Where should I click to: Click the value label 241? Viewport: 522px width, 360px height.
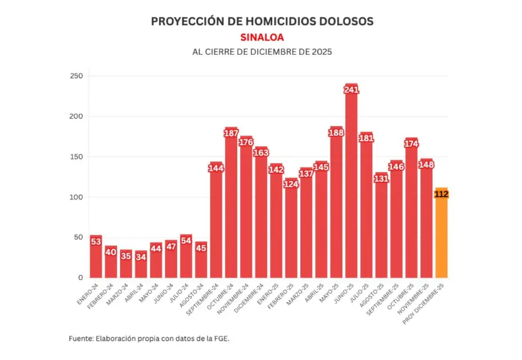click(x=351, y=89)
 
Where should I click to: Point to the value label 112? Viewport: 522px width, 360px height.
click(x=441, y=194)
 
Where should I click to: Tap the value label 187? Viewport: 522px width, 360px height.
click(x=231, y=133)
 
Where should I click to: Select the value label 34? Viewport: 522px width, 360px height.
click(x=141, y=256)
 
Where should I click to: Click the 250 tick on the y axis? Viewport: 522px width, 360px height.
click(x=76, y=76)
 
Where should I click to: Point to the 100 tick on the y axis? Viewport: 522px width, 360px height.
click(x=76, y=197)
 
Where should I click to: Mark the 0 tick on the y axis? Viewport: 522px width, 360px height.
click(x=81, y=278)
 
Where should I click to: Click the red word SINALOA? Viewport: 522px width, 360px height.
click(x=262, y=37)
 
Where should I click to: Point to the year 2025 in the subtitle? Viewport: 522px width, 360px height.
click(x=321, y=51)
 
